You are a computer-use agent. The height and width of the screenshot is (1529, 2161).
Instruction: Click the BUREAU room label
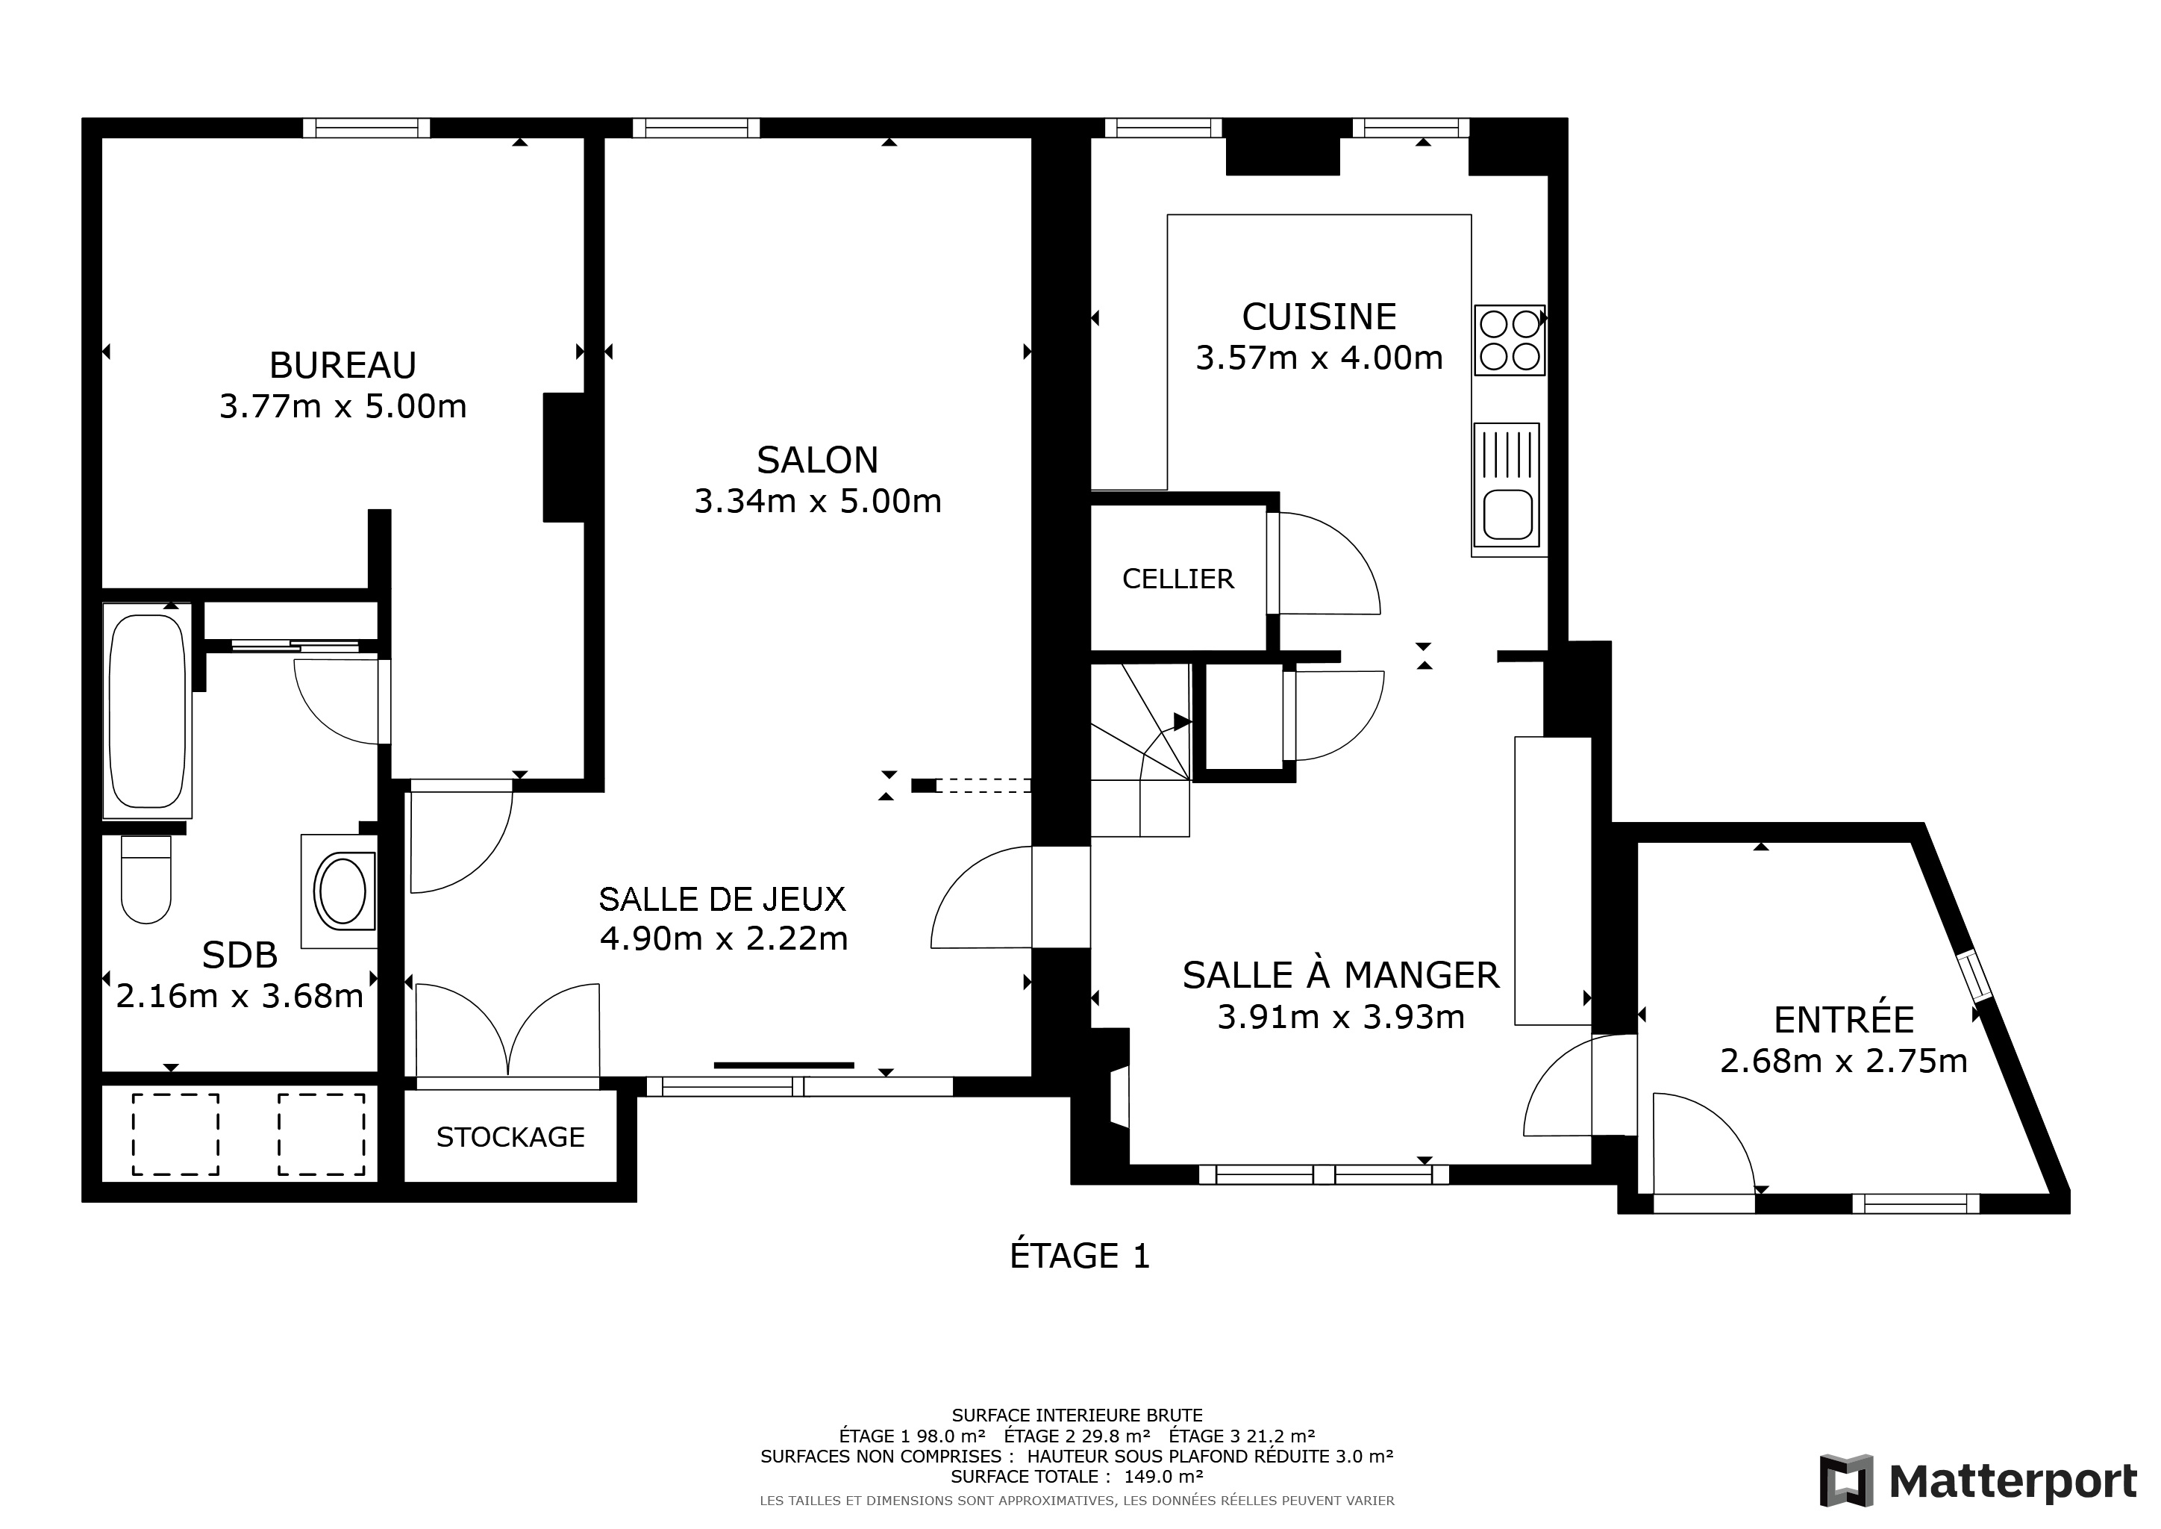(343, 365)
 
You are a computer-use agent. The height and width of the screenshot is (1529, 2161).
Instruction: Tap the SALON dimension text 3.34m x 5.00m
(818, 501)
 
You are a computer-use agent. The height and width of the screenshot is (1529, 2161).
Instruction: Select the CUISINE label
(1319, 317)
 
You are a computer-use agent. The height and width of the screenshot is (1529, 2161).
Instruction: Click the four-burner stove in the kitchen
(1509, 340)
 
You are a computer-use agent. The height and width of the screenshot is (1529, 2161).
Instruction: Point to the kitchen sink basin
(1508, 515)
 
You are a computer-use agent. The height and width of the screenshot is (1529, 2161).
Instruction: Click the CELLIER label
(1178, 579)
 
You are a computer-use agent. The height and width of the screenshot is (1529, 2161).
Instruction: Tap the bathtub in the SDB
(147, 711)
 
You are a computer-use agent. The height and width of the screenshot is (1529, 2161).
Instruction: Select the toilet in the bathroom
(146, 879)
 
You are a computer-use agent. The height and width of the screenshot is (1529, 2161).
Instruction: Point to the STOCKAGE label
(510, 1137)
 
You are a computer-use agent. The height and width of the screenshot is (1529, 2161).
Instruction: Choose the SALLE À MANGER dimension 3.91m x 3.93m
(1341, 1018)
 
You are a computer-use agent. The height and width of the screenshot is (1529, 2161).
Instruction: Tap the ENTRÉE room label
(1844, 1020)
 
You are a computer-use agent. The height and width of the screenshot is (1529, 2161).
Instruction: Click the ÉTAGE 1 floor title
(1080, 1256)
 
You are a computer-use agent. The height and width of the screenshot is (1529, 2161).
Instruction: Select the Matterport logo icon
(1845, 1481)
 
